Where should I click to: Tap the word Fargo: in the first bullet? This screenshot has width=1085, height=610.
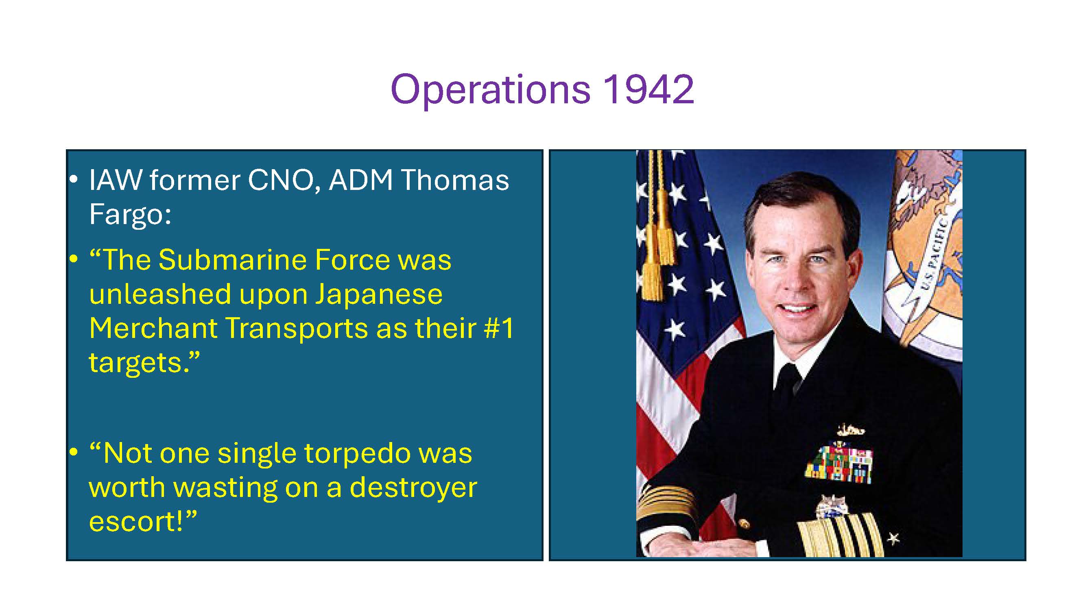point(130,215)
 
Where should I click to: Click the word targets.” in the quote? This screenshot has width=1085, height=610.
point(144,362)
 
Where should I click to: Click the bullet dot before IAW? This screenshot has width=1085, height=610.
point(74,180)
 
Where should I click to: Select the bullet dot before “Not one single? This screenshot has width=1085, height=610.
point(74,453)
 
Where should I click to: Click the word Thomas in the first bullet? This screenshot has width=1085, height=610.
point(454,180)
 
